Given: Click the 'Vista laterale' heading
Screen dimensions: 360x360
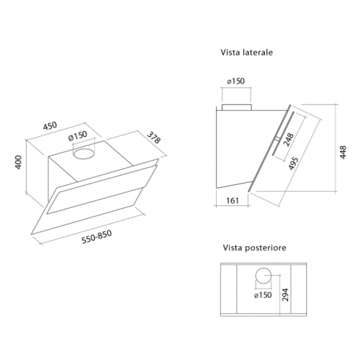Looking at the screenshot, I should pyautogui.click(x=246, y=53).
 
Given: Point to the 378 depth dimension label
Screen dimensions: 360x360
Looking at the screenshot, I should pyautogui.click(x=153, y=137).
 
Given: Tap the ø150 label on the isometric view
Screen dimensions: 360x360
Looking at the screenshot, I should pyautogui.click(x=77, y=137).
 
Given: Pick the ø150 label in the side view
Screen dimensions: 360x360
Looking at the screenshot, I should pyautogui.click(x=237, y=80).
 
